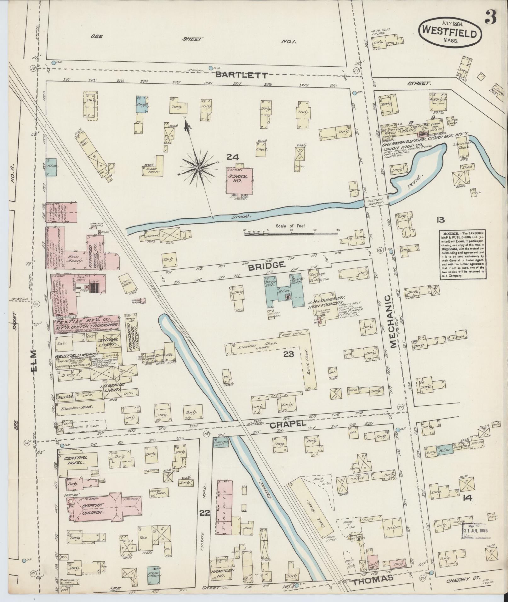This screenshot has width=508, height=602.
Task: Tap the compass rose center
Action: (198, 169)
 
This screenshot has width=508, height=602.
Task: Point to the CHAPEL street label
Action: (288, 424)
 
